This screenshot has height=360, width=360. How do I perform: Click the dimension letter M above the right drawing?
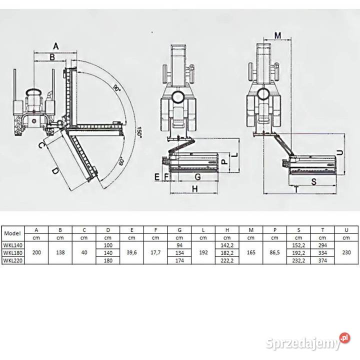click(278, 35)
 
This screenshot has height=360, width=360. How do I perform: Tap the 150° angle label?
click(139, 131)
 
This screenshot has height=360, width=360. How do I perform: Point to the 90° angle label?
click(117, 88)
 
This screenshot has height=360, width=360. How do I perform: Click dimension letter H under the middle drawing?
click(195, 188)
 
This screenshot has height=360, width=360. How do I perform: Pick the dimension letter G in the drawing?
click(197, 177)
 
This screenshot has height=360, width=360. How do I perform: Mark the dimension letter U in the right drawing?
click(340, 152)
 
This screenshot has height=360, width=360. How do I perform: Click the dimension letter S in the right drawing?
click(314, 181)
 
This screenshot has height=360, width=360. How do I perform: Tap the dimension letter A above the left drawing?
click(56, 46)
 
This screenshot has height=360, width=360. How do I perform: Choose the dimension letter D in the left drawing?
click(55, 171)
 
